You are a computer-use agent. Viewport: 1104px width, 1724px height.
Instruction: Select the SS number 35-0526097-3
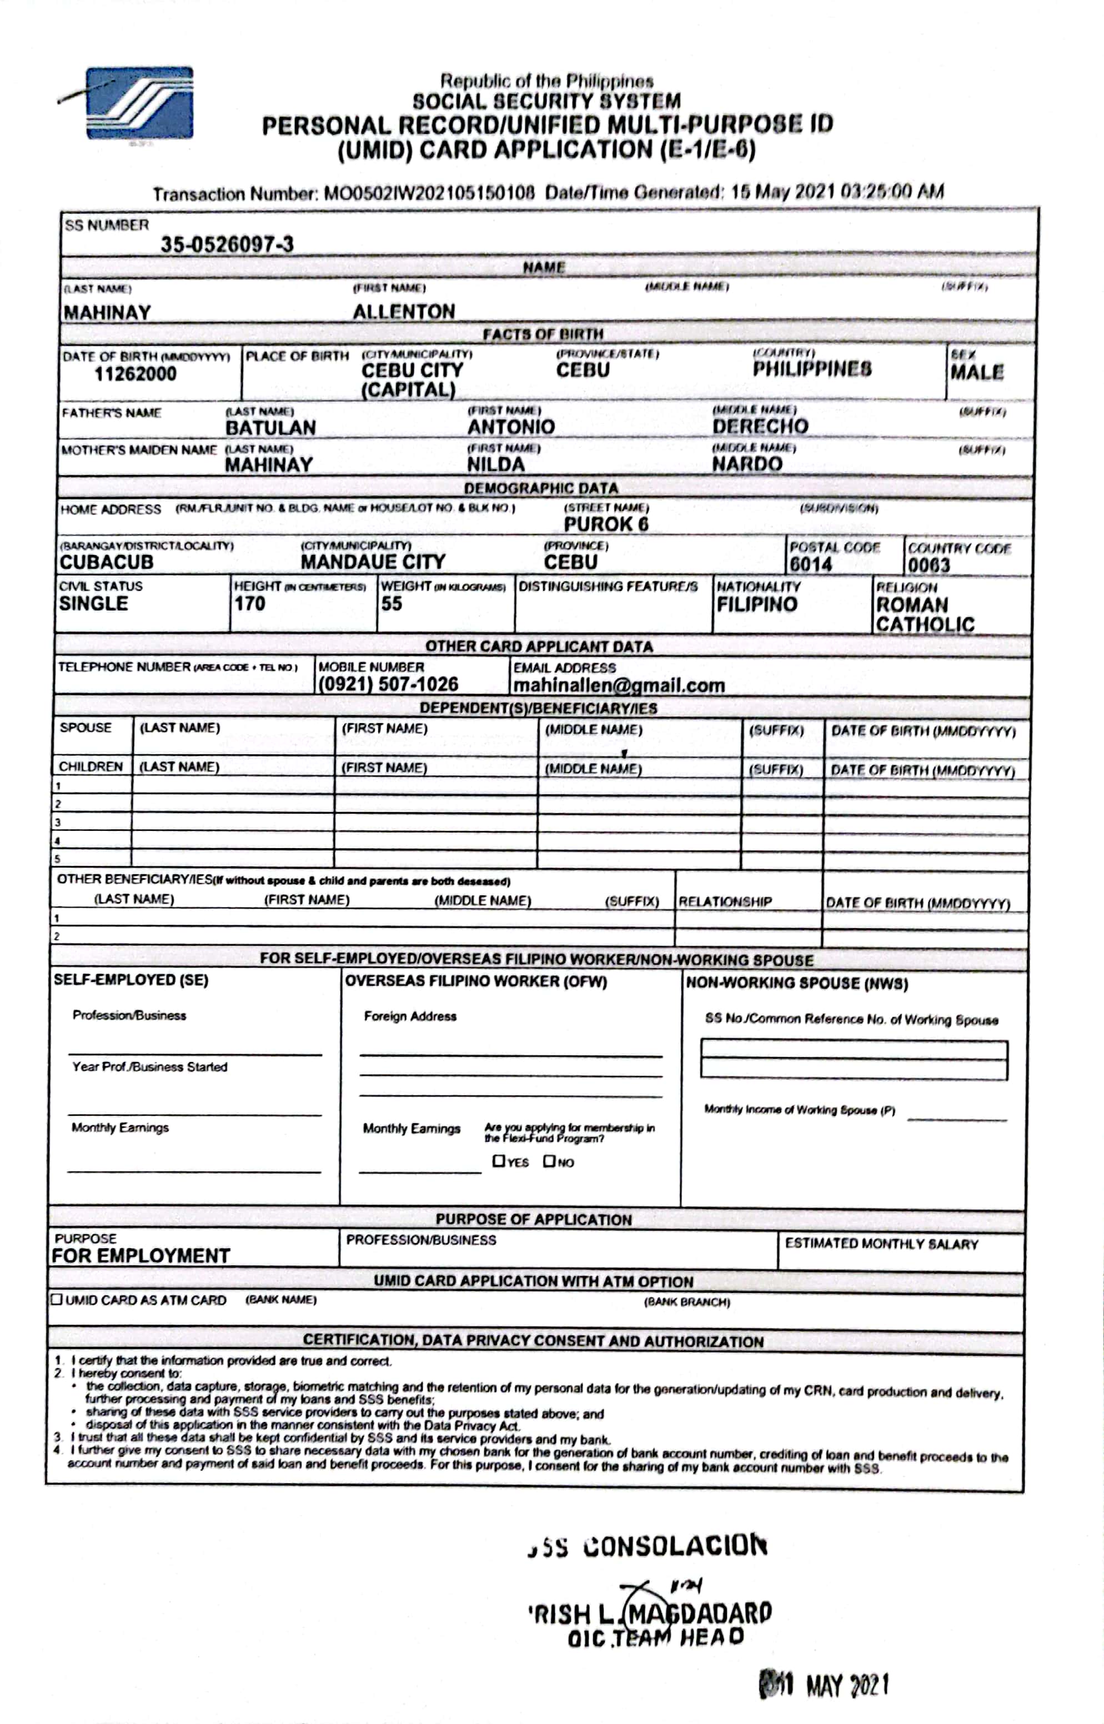227,244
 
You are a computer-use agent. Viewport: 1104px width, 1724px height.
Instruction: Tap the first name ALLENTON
404,311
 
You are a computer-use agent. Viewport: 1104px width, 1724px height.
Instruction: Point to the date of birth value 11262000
135,373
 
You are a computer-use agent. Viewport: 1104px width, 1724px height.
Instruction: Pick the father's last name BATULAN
270,427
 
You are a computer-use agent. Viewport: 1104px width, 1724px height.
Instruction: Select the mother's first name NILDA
495,464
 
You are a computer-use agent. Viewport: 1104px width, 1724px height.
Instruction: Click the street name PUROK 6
605,524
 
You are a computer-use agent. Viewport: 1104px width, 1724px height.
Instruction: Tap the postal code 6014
811,564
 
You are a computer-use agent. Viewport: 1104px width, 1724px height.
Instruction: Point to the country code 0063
929,565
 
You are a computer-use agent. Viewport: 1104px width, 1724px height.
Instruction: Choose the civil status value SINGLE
93,604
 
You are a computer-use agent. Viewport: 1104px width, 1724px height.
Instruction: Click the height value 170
249,604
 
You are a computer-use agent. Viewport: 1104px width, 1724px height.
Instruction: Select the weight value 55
392,604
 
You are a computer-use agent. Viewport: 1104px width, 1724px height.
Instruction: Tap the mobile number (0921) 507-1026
388,684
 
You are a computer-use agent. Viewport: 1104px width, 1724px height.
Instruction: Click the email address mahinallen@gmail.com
619,685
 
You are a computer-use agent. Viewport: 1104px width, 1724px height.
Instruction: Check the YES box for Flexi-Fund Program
499,1161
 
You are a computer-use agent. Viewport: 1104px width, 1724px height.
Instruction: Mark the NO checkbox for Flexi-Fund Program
549,1161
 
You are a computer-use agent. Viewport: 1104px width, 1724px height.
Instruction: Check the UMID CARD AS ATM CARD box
57,1299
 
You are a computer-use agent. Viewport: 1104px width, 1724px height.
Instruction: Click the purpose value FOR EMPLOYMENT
140,1256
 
